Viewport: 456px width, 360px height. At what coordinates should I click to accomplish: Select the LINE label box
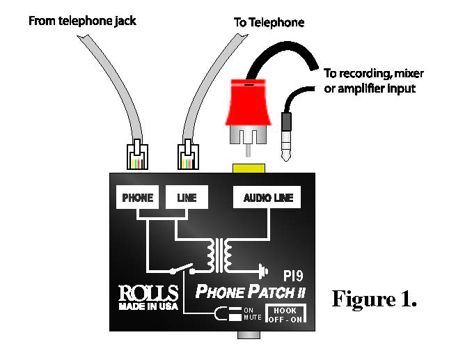pyautogui.click(x=182, y=198)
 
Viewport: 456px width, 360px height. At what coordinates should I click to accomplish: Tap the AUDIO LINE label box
pyautogui.click(x=267, y=198)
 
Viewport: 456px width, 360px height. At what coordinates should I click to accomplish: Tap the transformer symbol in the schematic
pyautogui.click(x=222, y=256)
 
